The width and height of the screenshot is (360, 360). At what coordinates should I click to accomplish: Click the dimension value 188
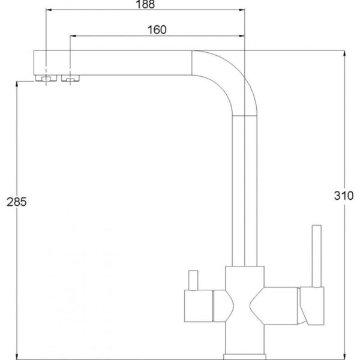pyautogui.click(x=145, y=4)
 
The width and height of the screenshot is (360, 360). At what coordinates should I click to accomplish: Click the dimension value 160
pyautogui.click(x=157, y=30)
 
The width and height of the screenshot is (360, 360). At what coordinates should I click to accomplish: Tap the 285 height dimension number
pyautogui.click(x=17, y=202)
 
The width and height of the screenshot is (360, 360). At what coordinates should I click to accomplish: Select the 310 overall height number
pyautogui.click(x=344, y=196)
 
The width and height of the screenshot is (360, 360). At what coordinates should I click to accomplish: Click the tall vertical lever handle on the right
pyautogui.click(x=317, y=256)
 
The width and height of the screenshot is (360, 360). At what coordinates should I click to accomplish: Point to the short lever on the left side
pyautogui.click(x=193, y=280)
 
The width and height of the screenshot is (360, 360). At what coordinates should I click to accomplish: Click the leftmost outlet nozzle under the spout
pyautogui.click(x=46, y=78)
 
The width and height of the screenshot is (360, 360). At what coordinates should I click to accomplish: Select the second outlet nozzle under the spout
pyautogui.click(x=70, y=78)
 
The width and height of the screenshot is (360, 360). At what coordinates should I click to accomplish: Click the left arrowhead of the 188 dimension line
pyautogui.click(x=49, y=10)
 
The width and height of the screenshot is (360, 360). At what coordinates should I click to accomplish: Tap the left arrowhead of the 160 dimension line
pyautogui.click(x=73, y=36)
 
